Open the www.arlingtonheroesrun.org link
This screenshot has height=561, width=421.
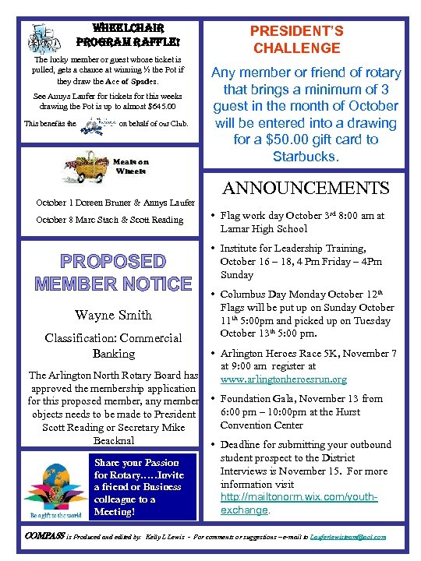283,379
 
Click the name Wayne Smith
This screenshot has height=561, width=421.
113,315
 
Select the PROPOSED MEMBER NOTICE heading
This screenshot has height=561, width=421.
113,271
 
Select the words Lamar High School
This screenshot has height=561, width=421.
253,229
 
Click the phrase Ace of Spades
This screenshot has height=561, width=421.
133,81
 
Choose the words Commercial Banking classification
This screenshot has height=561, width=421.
113,345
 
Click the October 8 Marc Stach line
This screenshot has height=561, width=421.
110,219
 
